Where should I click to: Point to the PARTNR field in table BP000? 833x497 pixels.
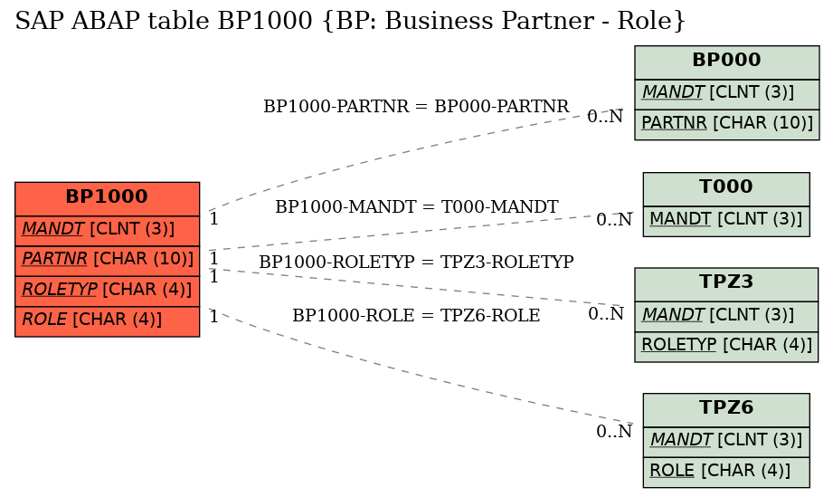[x=727, y=124]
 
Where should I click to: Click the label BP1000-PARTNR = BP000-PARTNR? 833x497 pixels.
[x=416, y=106]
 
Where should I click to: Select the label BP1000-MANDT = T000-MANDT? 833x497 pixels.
[x=416, y=206]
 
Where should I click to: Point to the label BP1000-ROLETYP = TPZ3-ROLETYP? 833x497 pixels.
[x=416, y=262]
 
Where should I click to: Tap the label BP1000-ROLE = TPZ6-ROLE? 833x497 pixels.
[x=416, y=316]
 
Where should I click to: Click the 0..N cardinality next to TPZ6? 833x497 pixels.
[x=614, y=432]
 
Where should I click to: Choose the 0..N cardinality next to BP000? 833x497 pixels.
[x=605, y=117]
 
